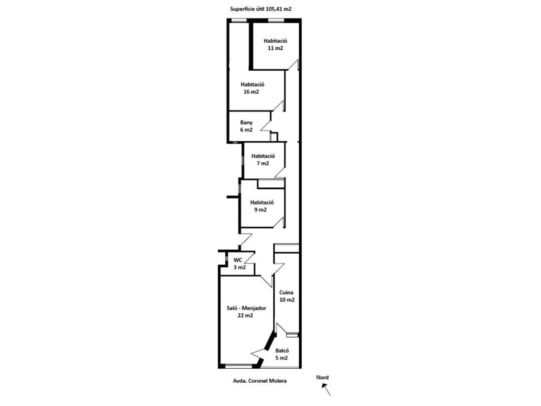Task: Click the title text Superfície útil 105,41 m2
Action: pos(260,9)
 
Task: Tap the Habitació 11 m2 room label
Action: pos(275,44)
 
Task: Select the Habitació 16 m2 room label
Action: pos(252,88)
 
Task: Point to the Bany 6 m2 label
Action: pos(246,126)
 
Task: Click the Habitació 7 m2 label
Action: pos(263,159)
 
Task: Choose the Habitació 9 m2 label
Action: pos(262,206)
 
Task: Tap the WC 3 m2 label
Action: pos(239,263)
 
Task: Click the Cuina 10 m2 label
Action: pos(287,296)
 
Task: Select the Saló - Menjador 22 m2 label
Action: pos(246,312)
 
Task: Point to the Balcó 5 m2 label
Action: pos(282,354)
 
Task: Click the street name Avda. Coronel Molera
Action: pos(260,381)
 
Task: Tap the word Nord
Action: pos(322,377)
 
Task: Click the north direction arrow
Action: pos(326,389)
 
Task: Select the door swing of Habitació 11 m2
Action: pos(293,65)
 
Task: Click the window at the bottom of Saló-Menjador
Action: pos(238,367)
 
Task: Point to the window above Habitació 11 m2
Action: pos(276,20)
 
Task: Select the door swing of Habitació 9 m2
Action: pos(279,222)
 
